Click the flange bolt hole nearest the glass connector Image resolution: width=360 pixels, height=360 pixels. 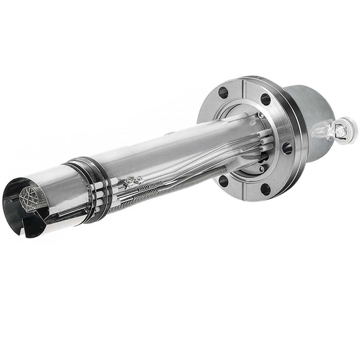click(x=287, y=148)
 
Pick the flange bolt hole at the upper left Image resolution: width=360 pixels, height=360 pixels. click(x=223, y=93)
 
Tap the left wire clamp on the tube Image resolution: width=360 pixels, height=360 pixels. click(x=129, y=184)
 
